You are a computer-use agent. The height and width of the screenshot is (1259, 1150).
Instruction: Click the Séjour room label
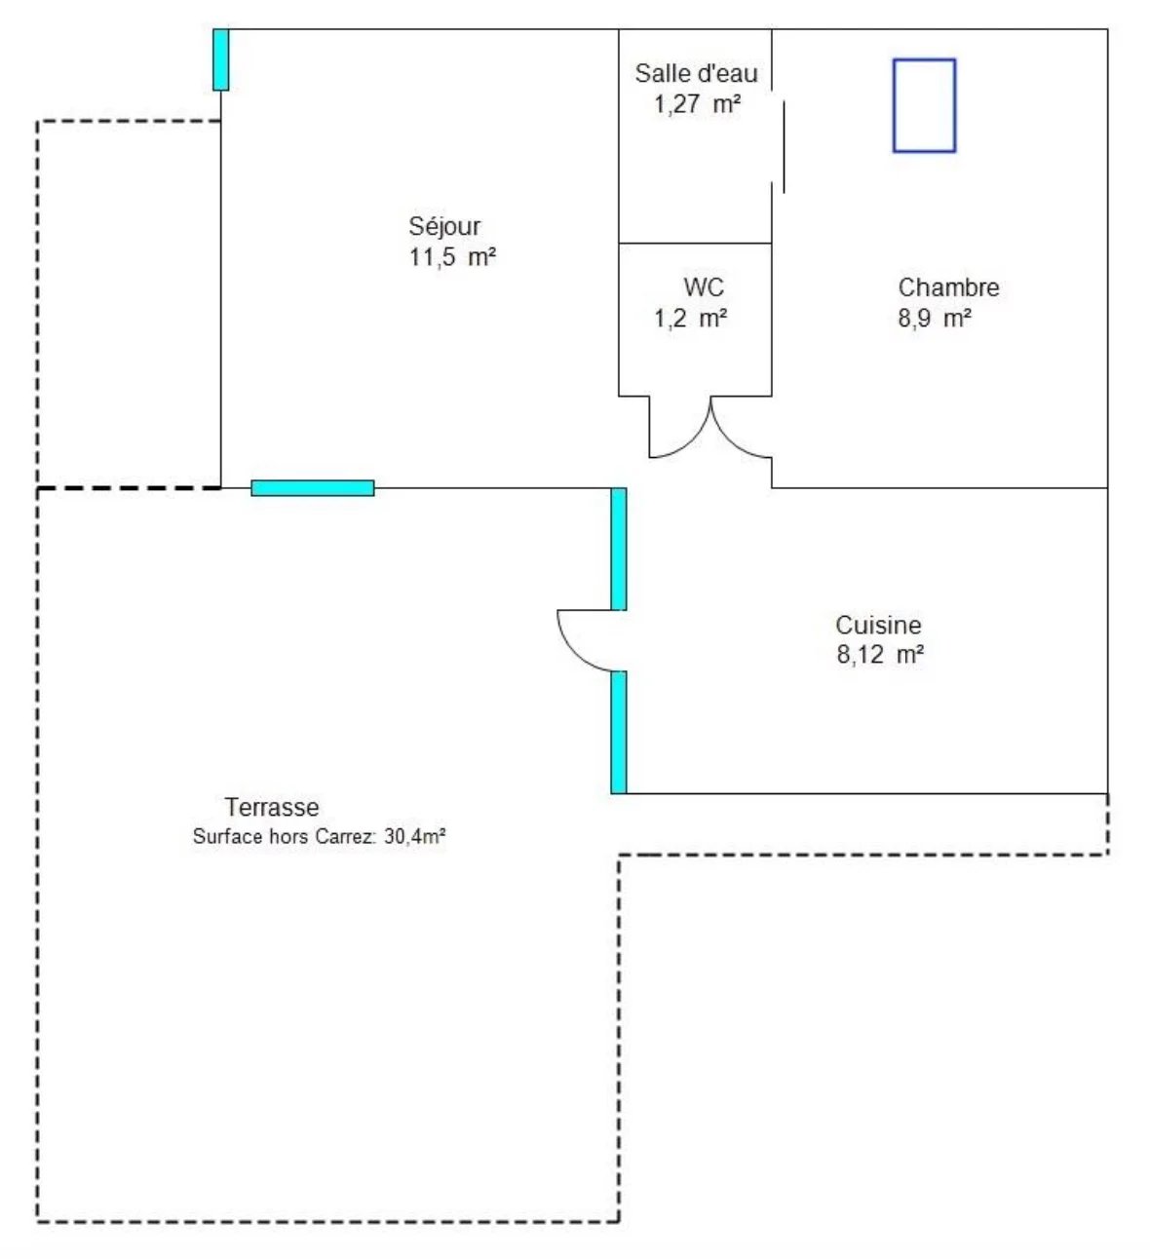444,227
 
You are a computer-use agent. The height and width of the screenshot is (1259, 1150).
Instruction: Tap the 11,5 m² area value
452,257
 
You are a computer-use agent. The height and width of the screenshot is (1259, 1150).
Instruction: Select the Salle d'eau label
696,73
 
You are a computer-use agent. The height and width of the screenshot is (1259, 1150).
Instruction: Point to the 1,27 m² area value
698,104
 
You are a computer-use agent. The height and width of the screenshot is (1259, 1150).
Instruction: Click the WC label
704,287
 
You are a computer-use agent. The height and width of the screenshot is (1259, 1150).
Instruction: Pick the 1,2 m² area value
691,319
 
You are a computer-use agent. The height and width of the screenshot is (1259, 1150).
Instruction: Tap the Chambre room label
948,287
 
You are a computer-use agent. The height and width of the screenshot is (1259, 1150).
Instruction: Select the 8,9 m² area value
935,319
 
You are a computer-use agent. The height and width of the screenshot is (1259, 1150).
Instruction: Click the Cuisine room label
878,625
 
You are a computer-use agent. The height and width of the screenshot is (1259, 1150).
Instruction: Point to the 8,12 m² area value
880,655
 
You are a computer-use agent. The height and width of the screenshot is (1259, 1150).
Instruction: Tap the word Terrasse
272,807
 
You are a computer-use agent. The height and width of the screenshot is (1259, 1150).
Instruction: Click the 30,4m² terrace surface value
415,836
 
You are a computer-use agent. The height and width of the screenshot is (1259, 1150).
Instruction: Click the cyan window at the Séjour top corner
220,59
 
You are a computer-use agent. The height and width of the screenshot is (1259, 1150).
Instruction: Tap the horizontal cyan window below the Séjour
313,487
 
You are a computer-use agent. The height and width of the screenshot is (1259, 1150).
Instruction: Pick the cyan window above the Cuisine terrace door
618,549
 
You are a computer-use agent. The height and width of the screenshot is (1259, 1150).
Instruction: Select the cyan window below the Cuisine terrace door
618,733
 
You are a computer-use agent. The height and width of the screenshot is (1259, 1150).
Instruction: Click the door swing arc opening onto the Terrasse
574,654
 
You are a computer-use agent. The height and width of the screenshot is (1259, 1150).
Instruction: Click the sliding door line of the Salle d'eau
784,147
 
